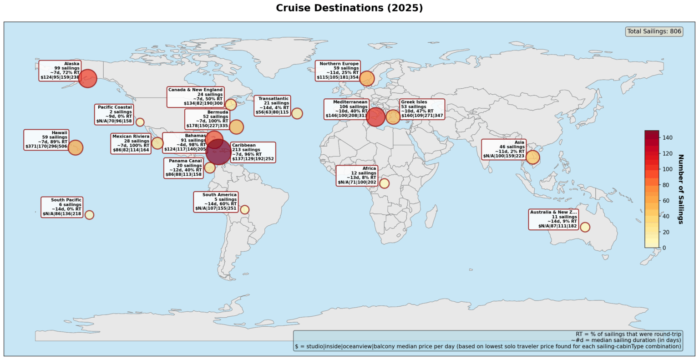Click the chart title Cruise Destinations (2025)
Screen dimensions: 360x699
click(x=349, y=8)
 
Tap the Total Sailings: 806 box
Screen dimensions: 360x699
click(x=654, y=31)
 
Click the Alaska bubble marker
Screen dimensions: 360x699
click(x=87, y=78)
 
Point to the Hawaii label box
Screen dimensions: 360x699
click(x=47, y=140)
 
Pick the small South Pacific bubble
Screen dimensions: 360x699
click(x=89, y=215)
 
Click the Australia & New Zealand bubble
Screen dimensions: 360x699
click(x=585, y=227)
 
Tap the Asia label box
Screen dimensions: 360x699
click(x=504, y=149)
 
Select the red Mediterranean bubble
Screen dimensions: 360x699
click(x=376, y=117)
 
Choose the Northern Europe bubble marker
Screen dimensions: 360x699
click(x=367, y=78)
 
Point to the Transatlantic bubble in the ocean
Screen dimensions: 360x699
click(x=297, y=113)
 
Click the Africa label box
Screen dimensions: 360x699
click(x=357, y=176)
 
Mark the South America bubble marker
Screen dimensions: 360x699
click(x=244, y=209)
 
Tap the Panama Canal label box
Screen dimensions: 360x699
click(x=183, y=168)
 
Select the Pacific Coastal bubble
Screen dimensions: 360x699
click(x=140, y=122)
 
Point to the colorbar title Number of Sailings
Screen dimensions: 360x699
click(x=681, y=189)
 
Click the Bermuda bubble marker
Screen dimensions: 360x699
click(x=236, y=127)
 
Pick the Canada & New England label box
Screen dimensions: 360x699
click(x=196, y=97)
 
